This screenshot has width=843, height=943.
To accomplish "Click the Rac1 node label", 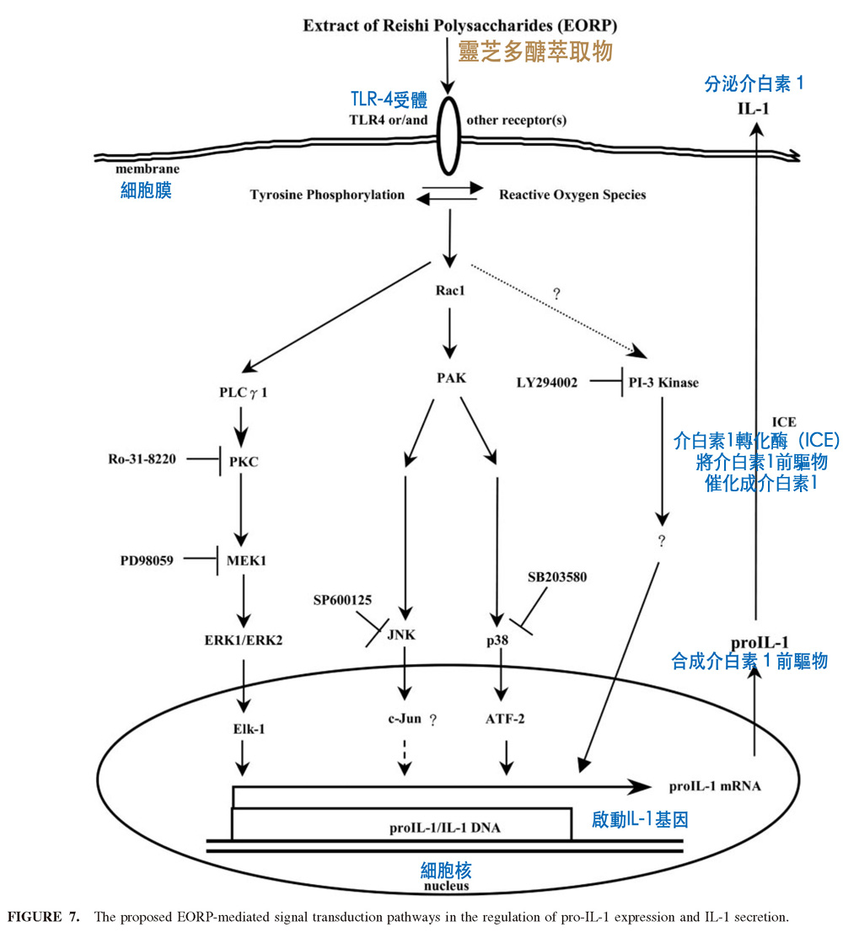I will pyautogui.click(x=448, y=291).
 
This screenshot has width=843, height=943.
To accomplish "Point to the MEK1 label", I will pyautogui.click(x=247, y=559).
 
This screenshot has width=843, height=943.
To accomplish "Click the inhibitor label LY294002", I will pyautogui.click(x=547, y=383).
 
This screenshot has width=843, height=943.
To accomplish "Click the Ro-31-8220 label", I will pyautogui.click(x=142, y=459).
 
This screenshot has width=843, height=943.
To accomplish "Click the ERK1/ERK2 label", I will pyautogui.click(x=243, y=639).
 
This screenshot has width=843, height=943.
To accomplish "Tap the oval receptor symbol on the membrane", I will pyautogui.click(x=447, y=135).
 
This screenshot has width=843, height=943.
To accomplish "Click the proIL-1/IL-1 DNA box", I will pyautogui.click(x=402, y=824).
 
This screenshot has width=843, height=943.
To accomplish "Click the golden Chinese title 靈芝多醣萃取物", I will pyautogui.click(x=534, y=51).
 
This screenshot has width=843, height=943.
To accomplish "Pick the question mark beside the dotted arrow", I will pyautogui.click(x=556, y=293).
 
